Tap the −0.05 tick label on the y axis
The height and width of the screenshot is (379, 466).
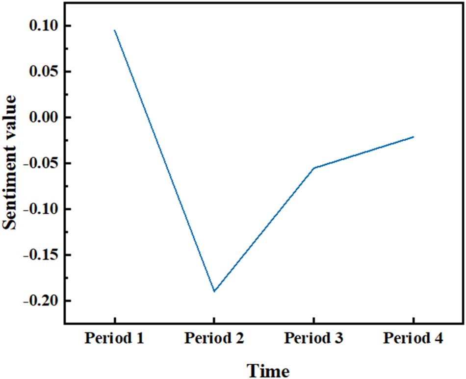(x=40, y=163)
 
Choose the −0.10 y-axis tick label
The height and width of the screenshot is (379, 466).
(x=40, y=209)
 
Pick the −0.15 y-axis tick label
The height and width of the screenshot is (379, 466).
(x=40, y=255)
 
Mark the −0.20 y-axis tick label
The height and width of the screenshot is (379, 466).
(x=40, y=301)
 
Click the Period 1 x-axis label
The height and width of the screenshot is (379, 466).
(x=114, y=339)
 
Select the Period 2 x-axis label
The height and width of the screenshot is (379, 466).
(x=214, y=339)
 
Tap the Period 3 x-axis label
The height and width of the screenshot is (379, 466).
(x=314, y=339)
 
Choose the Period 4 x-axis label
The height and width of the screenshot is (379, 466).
(x=414, y=339)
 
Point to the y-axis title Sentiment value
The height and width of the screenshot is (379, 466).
(x=11, y=162)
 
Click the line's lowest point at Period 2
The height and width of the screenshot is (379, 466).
(x=214, y=291)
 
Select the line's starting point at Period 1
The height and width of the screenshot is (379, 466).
(x=114, y=30)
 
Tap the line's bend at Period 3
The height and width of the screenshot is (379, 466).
(x=314, y=168)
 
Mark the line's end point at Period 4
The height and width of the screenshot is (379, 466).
(x=414, y=137)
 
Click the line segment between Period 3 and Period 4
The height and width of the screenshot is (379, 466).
(x=363, y=152)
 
